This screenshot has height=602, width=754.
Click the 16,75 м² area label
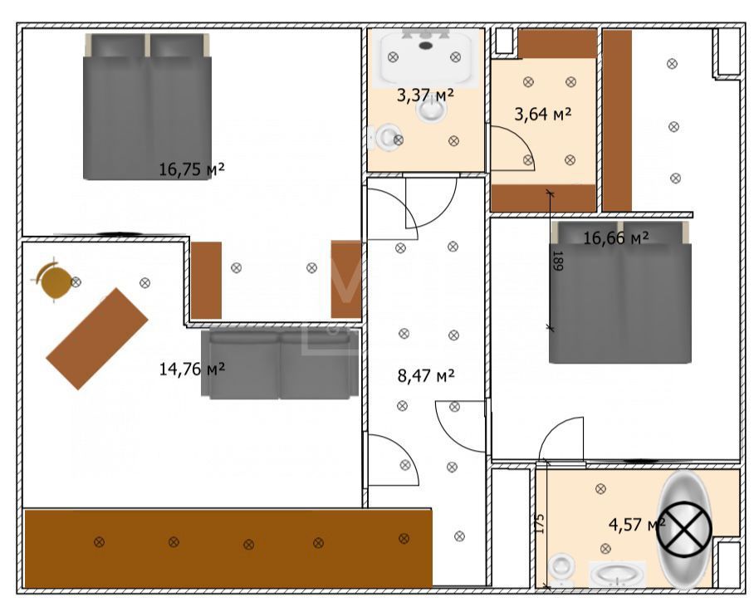(192, 169)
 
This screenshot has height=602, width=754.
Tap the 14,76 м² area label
(192, 369)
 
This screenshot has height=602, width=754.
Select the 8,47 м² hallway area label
(426, 375)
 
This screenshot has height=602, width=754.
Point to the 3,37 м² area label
(425, 95)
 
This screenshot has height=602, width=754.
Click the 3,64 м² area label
(543, 114)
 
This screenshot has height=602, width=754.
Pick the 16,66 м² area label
(616, 237)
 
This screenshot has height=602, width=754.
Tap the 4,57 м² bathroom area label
(637, 524)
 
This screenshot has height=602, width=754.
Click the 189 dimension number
(558, 261)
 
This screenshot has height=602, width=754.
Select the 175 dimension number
(540, 524)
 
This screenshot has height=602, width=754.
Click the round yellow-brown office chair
(55, 282)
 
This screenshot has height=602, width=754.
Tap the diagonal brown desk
(96, 339)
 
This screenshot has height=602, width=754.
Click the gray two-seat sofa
(280, 364)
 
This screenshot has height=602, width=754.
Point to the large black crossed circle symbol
(683, 529)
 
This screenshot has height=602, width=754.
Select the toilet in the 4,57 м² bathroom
(561, 570)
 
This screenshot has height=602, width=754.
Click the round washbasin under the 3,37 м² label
(431, 110)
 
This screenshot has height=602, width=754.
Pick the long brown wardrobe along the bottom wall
(228, 548)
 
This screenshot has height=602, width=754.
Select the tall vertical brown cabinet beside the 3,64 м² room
(618, 120)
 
